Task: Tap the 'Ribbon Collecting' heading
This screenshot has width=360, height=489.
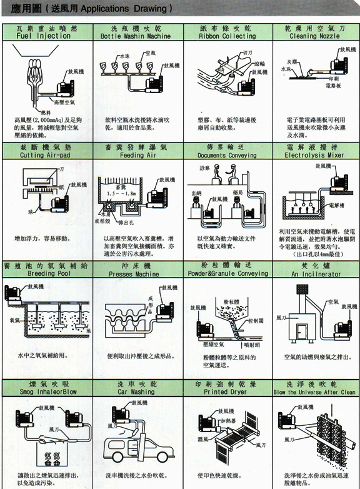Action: coord(227,36)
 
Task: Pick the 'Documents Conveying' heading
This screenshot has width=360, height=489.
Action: coord(227,154)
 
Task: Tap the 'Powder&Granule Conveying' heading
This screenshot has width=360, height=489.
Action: coord(227,274)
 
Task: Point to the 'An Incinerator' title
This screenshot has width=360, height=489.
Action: coord(312,274)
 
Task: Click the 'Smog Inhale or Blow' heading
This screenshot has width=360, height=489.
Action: coord(48,392)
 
